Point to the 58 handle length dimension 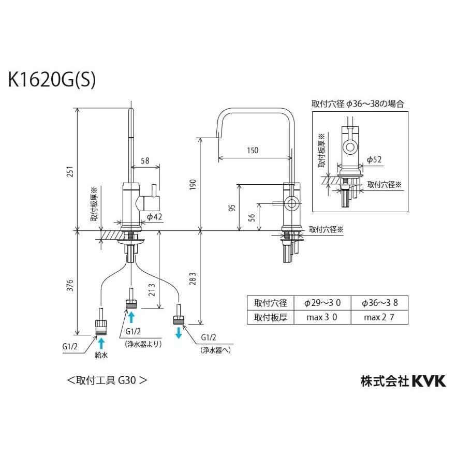tap(145, 161)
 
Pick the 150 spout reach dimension tap(252, 151)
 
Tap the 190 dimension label tap(193, 184)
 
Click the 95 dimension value tap(232, 208)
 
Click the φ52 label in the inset tap(374, 159)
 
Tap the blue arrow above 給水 tap(101, 343)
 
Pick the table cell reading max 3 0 tap(322, 317)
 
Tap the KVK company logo tap(428, 381)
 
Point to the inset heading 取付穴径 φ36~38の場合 tap(358, 104)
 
